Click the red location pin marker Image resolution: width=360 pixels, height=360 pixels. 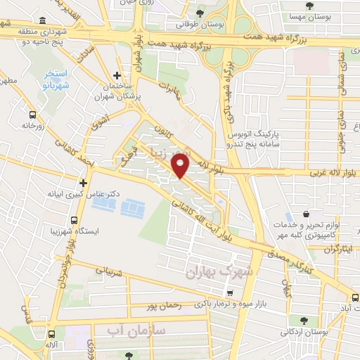[x=181, y=166]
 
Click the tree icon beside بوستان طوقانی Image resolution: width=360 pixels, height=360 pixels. [x=201, y=13]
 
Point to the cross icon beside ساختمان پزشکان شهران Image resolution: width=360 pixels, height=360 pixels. [x=117, y=75]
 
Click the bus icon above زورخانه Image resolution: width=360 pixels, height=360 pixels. [x=32, y=114]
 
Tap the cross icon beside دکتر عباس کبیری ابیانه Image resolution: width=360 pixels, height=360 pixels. [x=83, y=182]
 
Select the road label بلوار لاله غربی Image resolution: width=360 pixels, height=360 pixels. [x=330, y=173]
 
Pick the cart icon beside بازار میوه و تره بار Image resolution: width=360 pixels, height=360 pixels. [x=227, y=292]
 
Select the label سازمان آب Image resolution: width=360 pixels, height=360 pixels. [x=138, y=330]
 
